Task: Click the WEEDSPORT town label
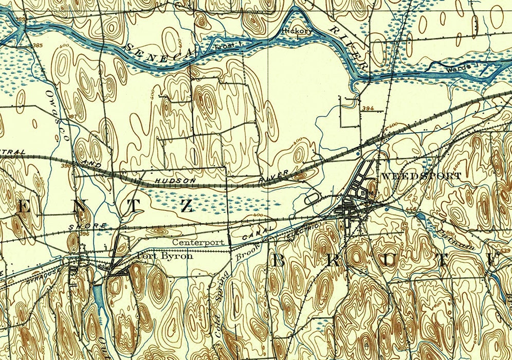coord(421,176)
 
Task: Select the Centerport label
coord(198,242)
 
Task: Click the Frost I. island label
coord(224,46)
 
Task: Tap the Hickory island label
coord(297,31)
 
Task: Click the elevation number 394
coord(367,109)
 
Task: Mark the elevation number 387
coord(72,117)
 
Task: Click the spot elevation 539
coord(505,250)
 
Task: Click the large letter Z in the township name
coord(186,206)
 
